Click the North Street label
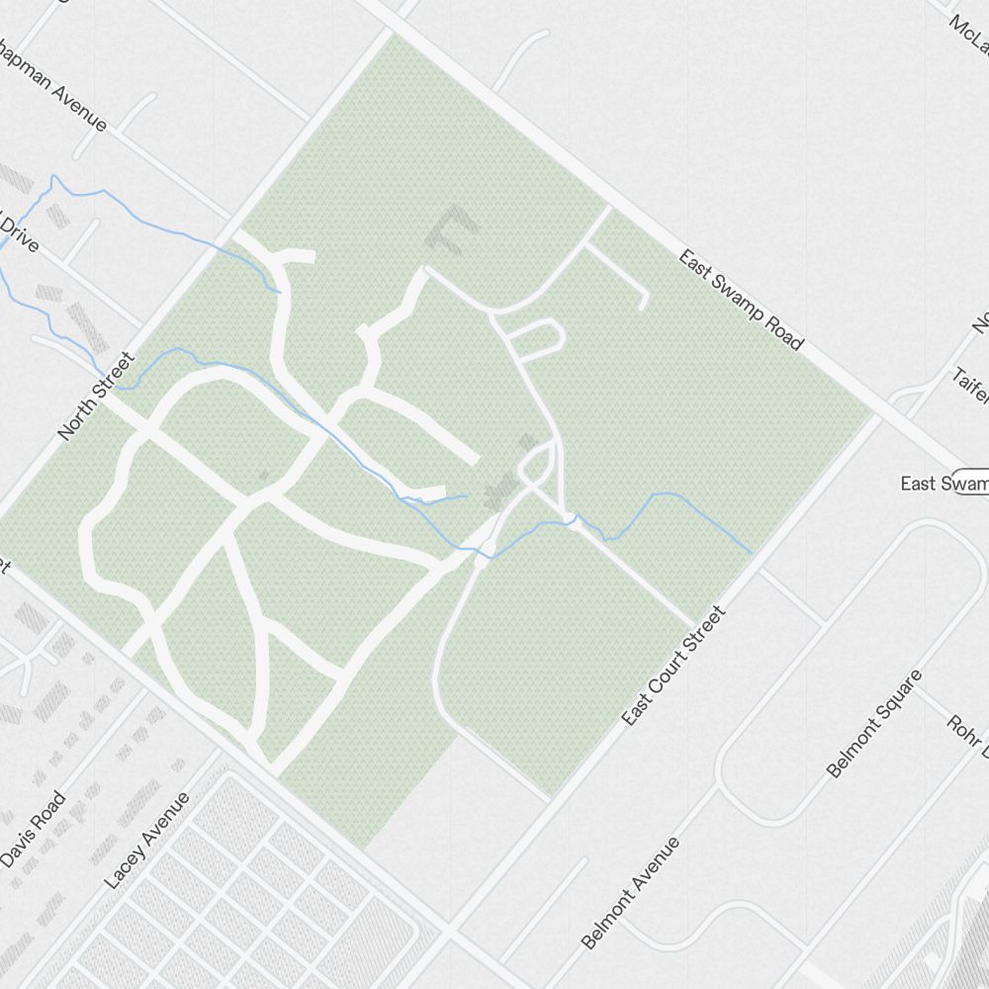(x=95, y=396)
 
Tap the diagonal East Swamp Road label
(x=740, y=300)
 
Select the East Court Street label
(x=674, y=666)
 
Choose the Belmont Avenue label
(x=631, y=892)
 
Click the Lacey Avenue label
(x=146, y=840)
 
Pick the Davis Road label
(x=34, y=829)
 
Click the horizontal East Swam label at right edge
(x=944, y=484)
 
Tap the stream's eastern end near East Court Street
(x=750, y=552)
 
